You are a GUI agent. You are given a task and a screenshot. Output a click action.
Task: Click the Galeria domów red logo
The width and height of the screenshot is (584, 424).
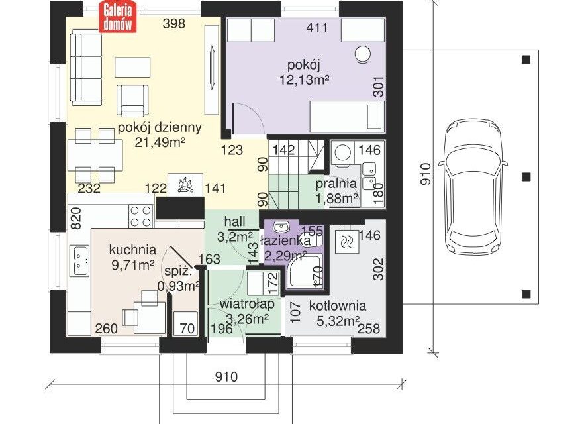(118, 17)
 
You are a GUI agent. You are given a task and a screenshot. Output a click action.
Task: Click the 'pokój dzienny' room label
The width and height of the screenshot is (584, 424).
(160, 127)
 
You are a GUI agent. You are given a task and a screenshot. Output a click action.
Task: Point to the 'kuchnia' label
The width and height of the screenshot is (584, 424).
(132, 250)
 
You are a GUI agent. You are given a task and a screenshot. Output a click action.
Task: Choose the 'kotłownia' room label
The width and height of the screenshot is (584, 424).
(338, 306)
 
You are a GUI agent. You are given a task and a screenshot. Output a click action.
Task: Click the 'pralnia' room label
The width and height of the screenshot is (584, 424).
(336, 184)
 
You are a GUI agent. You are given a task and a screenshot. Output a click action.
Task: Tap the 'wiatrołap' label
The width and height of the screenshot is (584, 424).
(247, 303)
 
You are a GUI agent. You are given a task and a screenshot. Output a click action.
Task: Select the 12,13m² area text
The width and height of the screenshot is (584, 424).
(305, 79)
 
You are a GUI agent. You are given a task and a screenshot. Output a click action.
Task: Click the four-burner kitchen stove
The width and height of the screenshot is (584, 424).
(141, 217)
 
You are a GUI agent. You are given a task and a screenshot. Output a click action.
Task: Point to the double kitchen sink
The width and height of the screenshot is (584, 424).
(79, 260)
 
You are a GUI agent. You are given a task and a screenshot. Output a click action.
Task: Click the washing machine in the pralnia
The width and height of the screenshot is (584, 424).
(342, 153)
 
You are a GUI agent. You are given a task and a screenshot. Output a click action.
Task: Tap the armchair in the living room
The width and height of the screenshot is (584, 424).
(132, 101)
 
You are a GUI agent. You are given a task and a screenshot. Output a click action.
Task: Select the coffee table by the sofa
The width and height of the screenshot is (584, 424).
(132, 67)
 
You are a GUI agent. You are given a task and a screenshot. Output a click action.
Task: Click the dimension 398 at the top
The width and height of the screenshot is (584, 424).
(174, 24)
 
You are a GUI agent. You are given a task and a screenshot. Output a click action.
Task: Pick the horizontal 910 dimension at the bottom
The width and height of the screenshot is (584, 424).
(226, 377)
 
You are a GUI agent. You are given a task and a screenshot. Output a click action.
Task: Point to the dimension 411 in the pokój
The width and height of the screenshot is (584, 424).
(317, 28)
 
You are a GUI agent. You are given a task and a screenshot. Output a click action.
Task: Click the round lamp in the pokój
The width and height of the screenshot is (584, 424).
(363, 54)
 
